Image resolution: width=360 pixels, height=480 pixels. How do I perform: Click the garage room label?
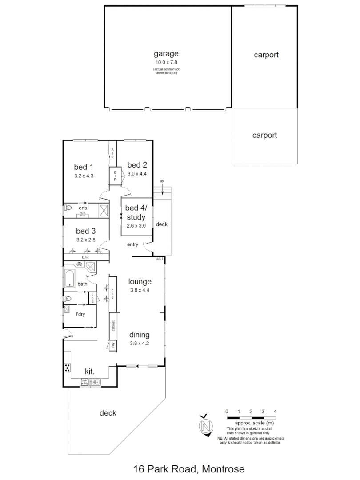(x=166, y=54)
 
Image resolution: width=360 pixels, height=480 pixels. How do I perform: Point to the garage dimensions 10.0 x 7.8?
(x=166, y=63)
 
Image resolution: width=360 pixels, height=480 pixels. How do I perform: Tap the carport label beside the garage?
(x=266, y=55)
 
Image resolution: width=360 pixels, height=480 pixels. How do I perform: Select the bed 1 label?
(x=84, y=167)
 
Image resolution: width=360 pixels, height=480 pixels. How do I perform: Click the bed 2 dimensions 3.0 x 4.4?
(x=136, y=174)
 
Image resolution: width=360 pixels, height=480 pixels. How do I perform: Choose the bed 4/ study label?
(x=135, y=212)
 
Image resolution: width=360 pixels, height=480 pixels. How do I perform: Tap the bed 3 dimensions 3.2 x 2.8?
(x=86, y=240)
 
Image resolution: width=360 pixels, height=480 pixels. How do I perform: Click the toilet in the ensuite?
(x=68, y=208)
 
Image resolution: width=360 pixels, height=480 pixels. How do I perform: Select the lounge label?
(x=140, y=281)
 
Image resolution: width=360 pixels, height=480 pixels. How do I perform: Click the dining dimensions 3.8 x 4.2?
(x=140, y=343)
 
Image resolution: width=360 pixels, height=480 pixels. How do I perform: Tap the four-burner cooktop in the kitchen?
(x=68, y=367)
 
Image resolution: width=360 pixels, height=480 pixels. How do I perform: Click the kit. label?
(x=90, y=371)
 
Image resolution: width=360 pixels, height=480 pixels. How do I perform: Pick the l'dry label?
(x=80, y=314)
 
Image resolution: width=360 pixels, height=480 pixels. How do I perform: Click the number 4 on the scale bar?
(x=276, y=411)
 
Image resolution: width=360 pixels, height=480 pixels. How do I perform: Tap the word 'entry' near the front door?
(x=132, y=244)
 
